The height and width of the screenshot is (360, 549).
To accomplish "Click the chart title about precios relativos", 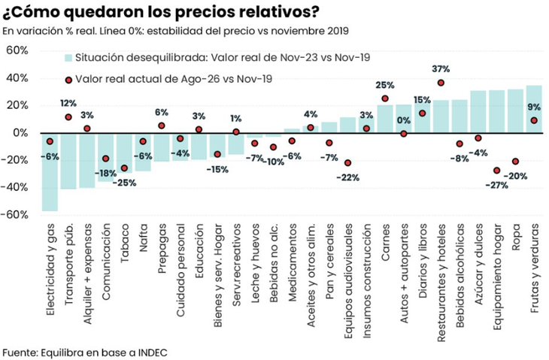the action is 160,11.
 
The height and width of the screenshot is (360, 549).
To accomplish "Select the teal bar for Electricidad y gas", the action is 50,172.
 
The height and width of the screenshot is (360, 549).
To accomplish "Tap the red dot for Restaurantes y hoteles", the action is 441,83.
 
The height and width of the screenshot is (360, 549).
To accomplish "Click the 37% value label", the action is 441,69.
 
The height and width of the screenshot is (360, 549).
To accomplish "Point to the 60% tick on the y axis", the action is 17,50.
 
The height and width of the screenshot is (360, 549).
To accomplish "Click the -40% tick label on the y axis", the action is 14,187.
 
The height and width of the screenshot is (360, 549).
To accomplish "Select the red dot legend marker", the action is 68,80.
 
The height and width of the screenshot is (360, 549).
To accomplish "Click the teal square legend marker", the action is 68,58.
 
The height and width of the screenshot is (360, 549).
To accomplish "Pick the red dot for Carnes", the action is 385,98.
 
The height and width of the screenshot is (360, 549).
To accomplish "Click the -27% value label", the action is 496,185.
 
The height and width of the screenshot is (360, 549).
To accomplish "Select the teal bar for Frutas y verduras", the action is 534,109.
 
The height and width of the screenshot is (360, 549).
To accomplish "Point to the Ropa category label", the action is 515,237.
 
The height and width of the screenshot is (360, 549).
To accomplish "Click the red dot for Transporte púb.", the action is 68,117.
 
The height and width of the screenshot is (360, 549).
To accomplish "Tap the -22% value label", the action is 347,177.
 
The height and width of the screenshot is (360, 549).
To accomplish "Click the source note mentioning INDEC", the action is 85,352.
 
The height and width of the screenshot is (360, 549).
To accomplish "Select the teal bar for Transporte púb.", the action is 68,162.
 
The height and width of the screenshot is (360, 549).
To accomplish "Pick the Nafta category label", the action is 144,238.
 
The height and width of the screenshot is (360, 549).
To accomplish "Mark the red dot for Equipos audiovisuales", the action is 347,163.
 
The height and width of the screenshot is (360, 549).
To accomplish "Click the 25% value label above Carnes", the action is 385,85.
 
